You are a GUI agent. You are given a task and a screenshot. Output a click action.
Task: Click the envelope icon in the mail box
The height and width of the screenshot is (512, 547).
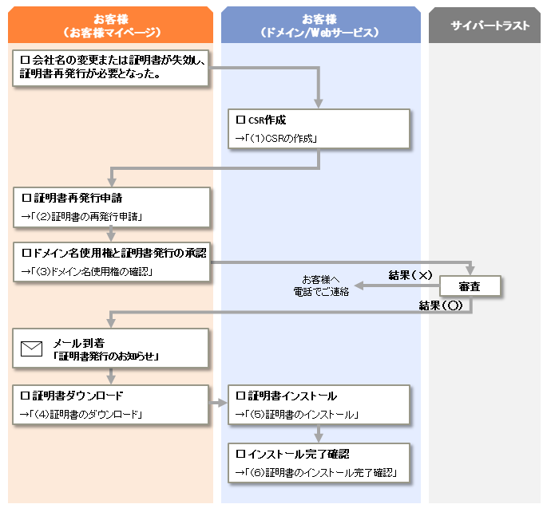31,349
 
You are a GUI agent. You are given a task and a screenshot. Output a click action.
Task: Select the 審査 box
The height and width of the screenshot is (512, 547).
470,286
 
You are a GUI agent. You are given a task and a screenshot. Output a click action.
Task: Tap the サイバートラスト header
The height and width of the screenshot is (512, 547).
484,25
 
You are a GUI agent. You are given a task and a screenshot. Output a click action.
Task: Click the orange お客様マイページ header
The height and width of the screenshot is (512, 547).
110,25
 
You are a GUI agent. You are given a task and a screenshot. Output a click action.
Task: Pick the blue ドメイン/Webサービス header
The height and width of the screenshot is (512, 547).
320,25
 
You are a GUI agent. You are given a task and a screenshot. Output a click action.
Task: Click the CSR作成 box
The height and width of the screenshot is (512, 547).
319,129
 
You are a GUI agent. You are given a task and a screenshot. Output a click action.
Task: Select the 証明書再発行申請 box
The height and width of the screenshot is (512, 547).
111,207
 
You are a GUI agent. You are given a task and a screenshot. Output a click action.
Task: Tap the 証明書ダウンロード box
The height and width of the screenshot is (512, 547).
110,404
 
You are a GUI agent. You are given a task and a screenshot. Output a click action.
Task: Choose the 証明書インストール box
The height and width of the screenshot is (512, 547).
319,404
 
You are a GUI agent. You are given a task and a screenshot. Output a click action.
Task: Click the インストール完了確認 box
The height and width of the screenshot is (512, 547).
319,463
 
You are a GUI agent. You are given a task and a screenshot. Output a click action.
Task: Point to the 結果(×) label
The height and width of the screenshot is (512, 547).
410,275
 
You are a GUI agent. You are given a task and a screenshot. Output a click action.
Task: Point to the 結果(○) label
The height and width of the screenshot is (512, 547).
441,305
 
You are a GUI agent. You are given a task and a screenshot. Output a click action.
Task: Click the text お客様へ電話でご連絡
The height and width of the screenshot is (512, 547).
321,286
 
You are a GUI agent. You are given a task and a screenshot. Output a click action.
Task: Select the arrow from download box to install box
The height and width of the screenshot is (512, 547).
218,404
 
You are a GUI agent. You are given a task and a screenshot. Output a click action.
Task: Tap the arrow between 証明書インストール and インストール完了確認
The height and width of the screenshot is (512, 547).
319,434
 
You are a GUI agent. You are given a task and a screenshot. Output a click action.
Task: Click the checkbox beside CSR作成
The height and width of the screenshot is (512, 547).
240,120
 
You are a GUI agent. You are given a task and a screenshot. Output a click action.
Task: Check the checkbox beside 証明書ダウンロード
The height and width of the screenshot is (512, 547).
25,396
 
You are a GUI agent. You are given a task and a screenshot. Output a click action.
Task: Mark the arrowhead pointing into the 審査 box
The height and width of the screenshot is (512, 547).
470,270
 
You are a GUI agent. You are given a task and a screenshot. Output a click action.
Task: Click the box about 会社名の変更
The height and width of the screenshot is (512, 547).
110,68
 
